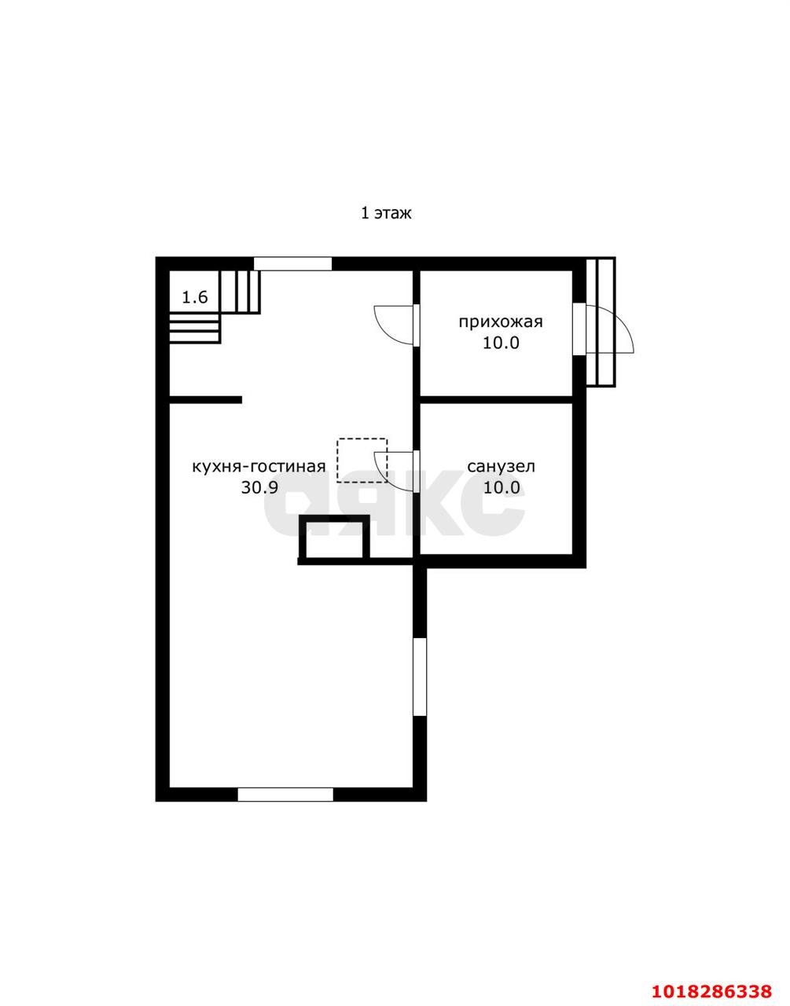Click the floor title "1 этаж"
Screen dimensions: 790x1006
click(386, 214)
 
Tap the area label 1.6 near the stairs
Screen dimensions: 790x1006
click(194, 297)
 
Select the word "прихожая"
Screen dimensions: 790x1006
click(500, 321)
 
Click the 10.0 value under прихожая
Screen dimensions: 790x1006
click(501, 343)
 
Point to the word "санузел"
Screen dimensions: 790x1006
click(501, 466)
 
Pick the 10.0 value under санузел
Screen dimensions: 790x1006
click(502, 487)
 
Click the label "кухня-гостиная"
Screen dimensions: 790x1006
click(259, 466)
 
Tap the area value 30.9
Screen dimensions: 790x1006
click(259, 487)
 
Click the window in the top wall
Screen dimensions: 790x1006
click(293, 263)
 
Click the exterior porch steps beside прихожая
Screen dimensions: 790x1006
click(601, 321)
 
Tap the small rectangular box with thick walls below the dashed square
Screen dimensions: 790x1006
click(335, 538)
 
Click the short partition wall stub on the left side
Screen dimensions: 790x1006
click(206, 400)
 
